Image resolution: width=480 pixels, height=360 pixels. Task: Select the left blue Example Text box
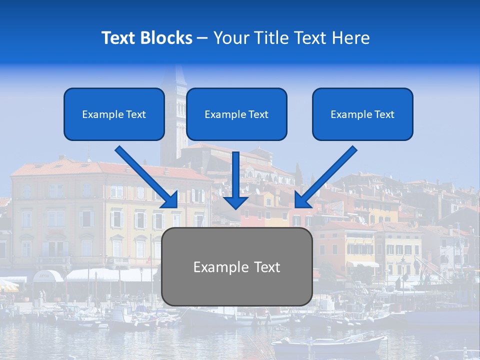click(x=114, y=114)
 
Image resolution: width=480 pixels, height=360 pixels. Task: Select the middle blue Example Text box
click(x=236, y=114)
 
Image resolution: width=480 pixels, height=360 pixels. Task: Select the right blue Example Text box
click(x=362, y=114)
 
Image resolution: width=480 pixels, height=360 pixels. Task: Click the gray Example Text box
click(x=237, y=267)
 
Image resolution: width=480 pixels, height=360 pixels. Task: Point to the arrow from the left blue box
click(x=147, y=177)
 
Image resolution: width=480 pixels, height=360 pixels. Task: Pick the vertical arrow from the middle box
click(x=235, y=177)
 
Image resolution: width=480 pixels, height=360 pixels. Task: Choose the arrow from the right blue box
click(x=325, y=177)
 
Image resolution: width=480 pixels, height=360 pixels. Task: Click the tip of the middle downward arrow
click(x=235, y=207)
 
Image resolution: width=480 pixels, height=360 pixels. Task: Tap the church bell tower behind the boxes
click(x=173, y=100)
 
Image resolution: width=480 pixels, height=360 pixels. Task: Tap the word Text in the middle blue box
click(x=258, y=114)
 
